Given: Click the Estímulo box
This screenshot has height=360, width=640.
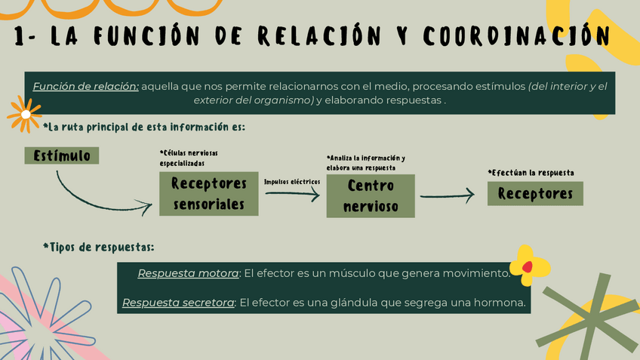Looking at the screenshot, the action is pos(62,155).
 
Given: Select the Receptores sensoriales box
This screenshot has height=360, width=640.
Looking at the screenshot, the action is pos(209,194).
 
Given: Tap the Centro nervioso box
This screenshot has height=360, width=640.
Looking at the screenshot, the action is pos(371,195).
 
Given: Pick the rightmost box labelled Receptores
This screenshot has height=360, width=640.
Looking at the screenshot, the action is pos(535,194).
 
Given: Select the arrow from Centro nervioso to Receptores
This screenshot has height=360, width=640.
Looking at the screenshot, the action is pos(447,195).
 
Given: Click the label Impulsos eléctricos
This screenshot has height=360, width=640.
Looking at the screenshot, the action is pos(291,181).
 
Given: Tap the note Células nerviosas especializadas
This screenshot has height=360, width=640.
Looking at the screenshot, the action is pos(188,158).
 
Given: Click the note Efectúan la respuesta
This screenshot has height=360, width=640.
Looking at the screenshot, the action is pos(531,173).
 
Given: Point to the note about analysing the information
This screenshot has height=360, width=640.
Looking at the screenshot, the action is pos(365,162).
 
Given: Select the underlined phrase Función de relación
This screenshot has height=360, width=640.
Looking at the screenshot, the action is pos(85,86).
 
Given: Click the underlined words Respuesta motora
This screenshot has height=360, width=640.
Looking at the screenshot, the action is pos(188,272).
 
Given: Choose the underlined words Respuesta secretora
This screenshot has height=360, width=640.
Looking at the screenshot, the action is pos(178,303).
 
